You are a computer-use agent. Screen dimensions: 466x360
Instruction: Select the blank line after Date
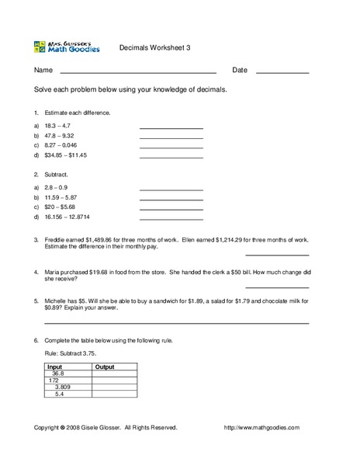point(282,71)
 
